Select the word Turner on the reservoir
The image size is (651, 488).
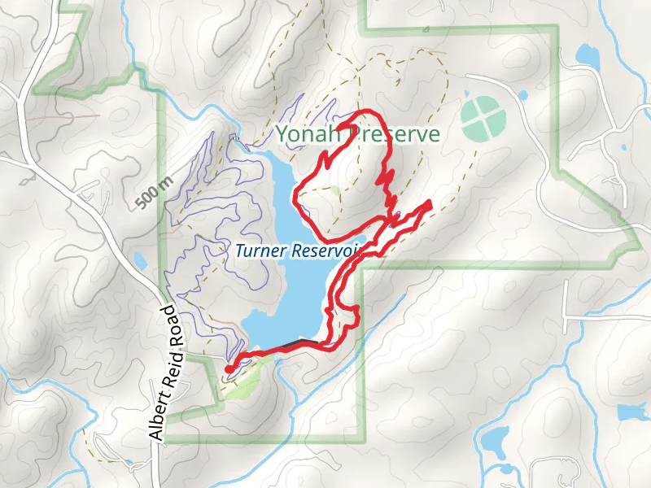258,251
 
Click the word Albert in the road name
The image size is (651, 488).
159,412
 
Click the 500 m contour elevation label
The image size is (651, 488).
151,192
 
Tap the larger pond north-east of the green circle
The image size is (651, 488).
586,55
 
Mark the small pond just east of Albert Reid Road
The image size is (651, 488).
139,261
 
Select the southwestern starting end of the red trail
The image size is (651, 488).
229,369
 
